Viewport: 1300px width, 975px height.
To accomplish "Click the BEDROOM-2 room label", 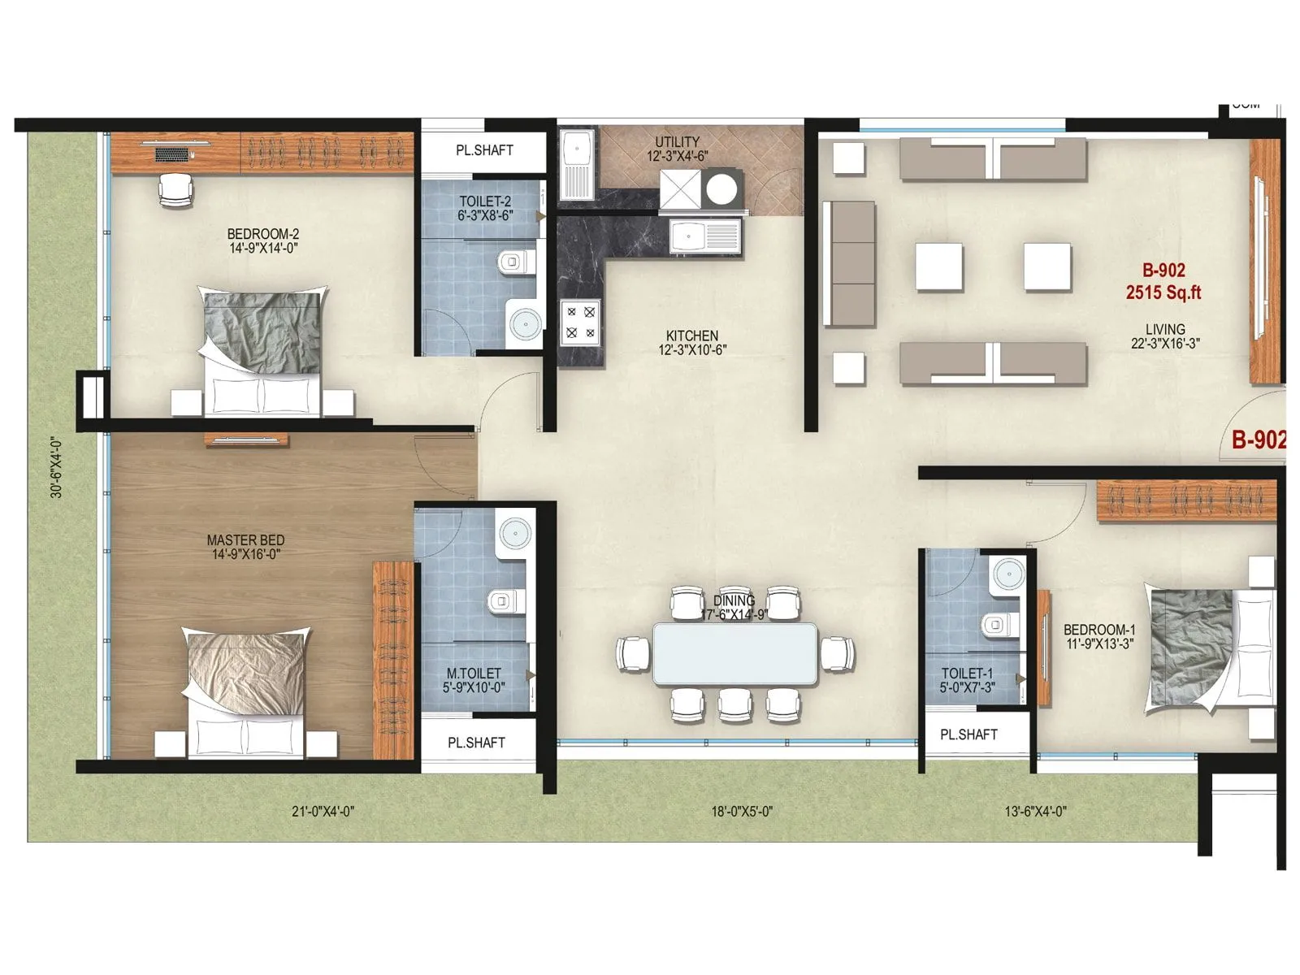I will click(262, 235).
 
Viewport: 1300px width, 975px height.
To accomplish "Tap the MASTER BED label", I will click(245, 540).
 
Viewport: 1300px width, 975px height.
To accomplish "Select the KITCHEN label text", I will click(691, 336).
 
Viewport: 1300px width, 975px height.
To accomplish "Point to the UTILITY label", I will click(677, 142).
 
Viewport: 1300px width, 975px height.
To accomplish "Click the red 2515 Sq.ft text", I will click(1163, 292).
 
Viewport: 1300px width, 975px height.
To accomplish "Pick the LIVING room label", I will click(1165, 330).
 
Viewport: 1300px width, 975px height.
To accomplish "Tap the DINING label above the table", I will click(734, 601).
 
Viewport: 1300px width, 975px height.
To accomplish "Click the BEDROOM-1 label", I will click(1099, 630).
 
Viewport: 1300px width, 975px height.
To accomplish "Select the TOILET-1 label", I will click(967, 674).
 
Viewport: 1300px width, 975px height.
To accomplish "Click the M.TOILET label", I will click(474, 674).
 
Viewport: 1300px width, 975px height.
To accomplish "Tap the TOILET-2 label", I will click(485, 201).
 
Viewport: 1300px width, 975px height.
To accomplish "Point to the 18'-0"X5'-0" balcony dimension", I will click(742, 811).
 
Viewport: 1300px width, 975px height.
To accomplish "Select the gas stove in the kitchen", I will click(581, 322).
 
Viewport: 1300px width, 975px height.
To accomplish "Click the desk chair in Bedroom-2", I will click(176, 189).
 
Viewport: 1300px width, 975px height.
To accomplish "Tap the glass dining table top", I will click(734, 654).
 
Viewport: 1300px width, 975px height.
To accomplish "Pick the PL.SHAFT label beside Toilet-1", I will click(968, 734).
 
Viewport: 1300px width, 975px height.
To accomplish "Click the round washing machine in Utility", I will click(721, 188).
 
